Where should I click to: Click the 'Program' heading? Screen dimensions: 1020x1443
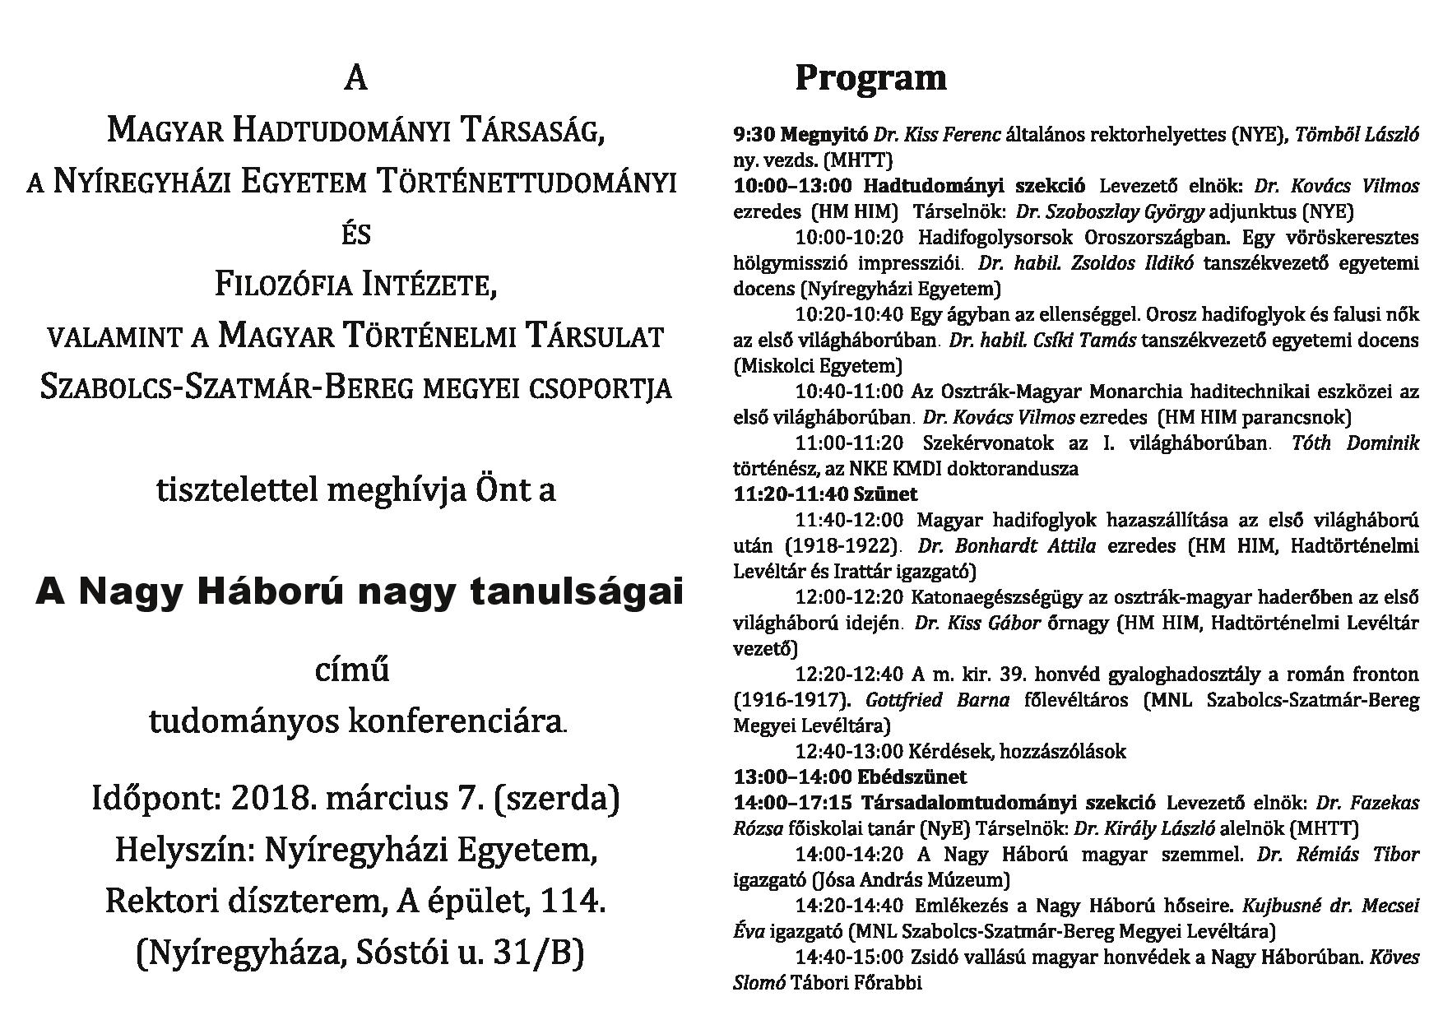870,78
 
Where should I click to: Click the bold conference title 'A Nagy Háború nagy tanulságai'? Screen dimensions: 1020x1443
360,591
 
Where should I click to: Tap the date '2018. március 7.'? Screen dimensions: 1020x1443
356,799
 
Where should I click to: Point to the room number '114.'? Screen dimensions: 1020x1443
573,902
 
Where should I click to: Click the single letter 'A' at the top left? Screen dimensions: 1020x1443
355,78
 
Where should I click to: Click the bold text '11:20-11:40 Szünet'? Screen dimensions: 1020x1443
825,494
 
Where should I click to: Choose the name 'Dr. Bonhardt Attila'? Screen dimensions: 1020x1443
1006,546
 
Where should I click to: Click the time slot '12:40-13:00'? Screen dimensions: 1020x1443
849,751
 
